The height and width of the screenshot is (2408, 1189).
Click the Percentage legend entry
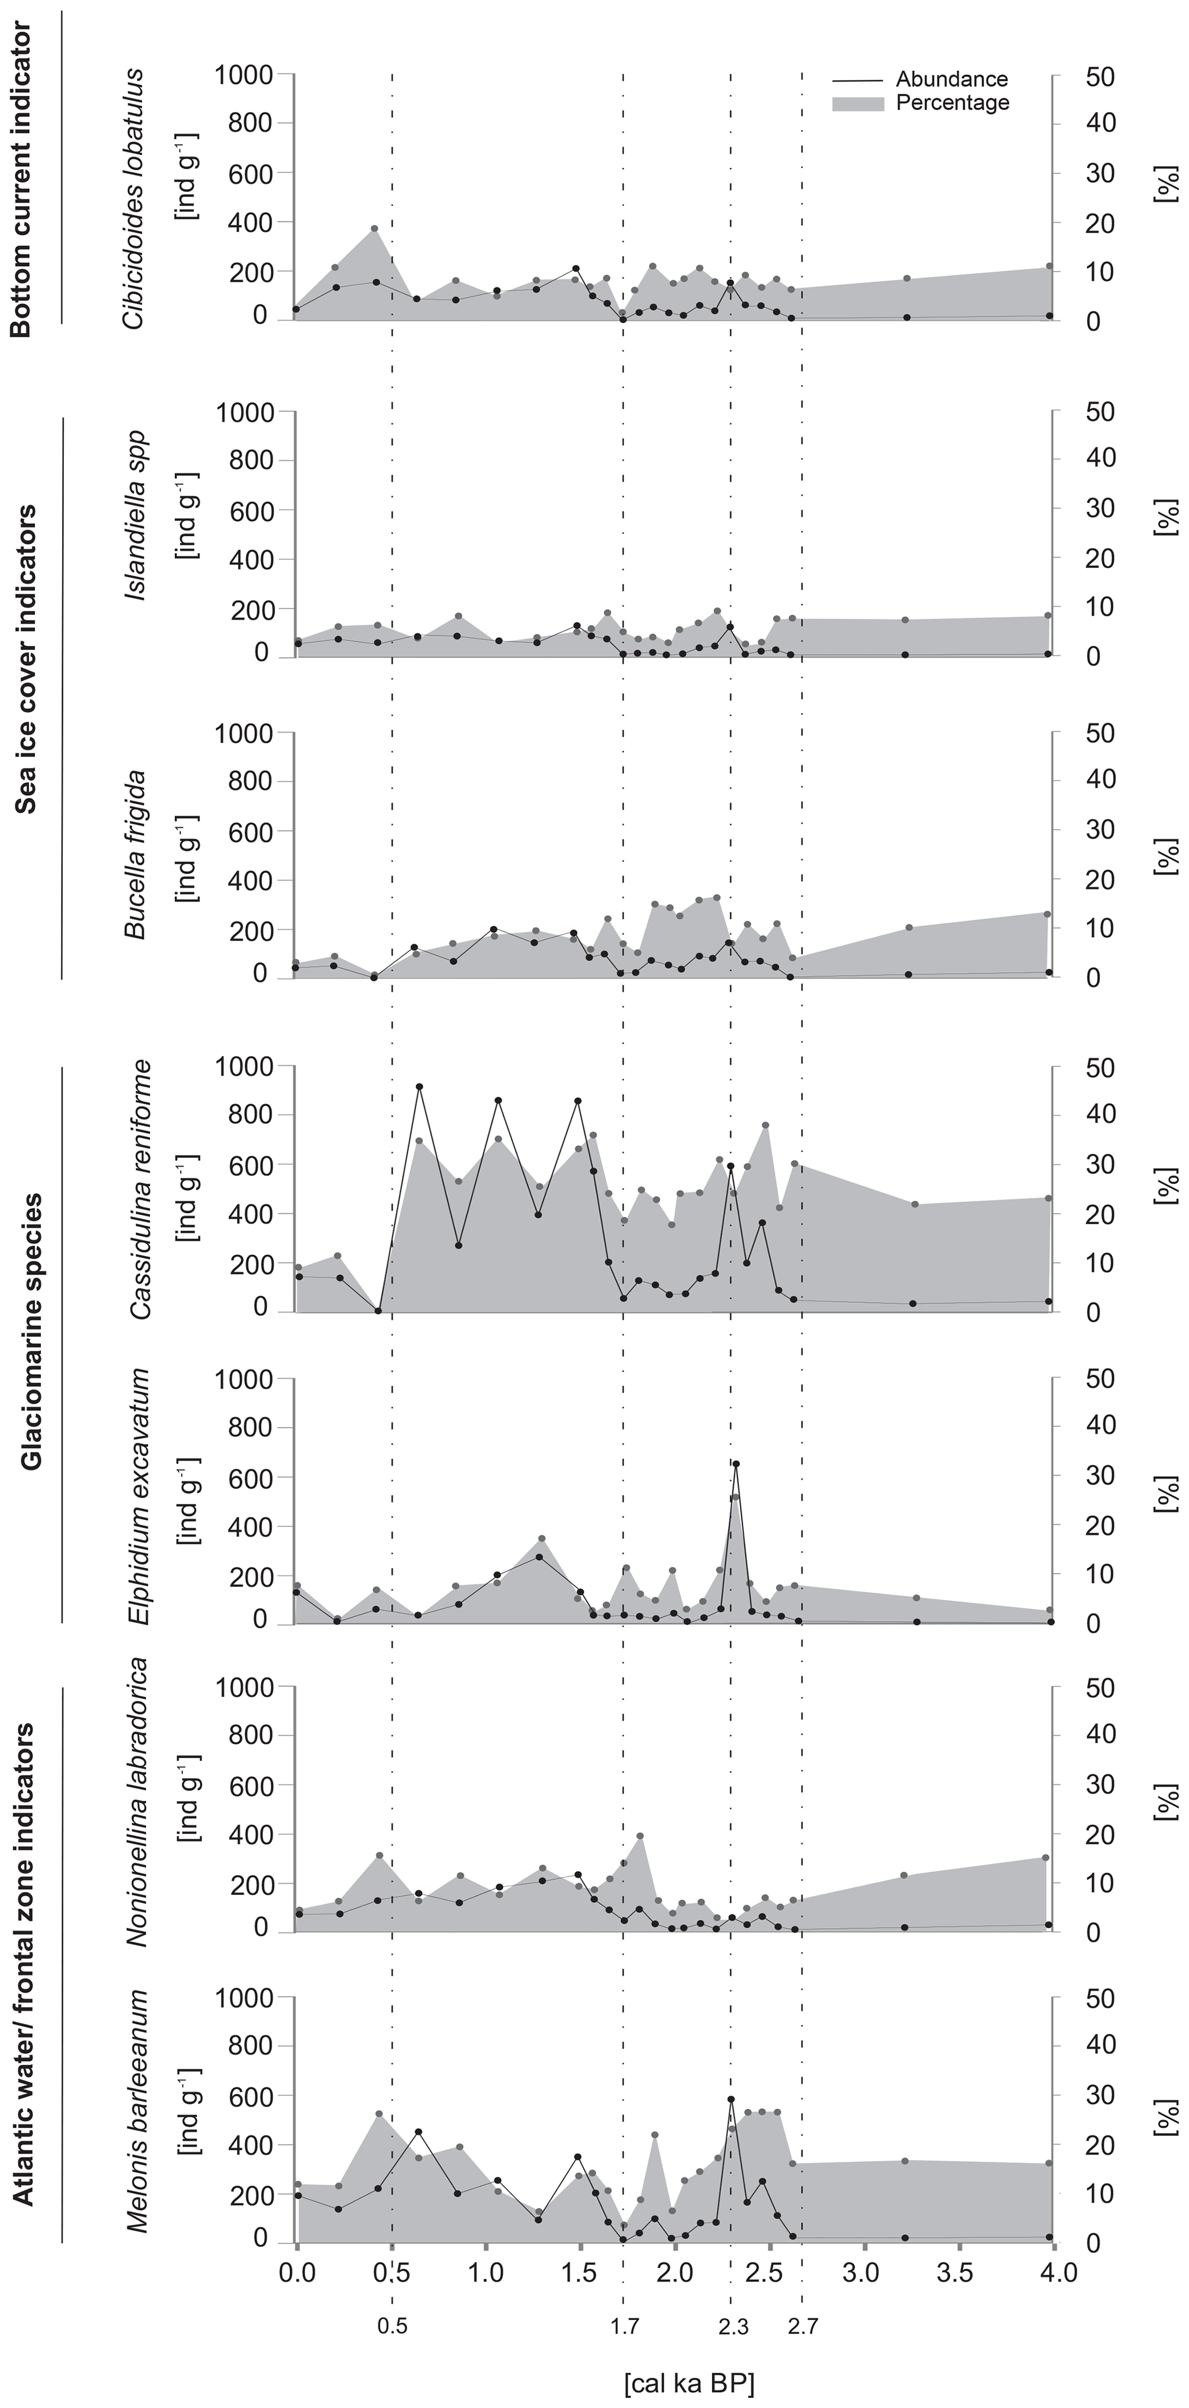pyautogui.click(x=951, y=103)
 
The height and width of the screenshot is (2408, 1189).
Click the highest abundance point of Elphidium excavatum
pyautogui.click(x=736, y=1465)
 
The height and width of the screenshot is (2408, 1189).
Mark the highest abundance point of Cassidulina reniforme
pyautogui.click(x=419, y=1087)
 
